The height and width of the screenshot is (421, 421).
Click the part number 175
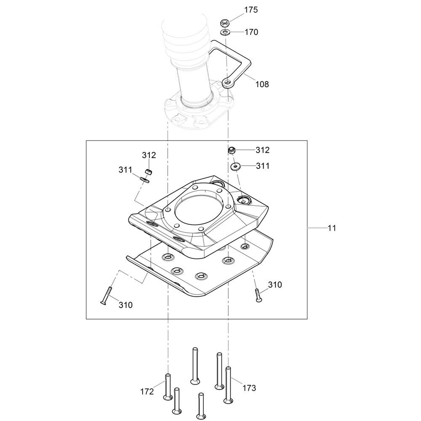tap(251, 10)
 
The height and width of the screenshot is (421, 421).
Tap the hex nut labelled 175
tap(224, 23)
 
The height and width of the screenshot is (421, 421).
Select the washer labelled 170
tap(225, 33)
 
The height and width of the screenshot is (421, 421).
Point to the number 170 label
tap(251, 32)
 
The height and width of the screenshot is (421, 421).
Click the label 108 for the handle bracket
tap(262, 84)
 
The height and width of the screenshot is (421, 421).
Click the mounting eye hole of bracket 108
tap(228, 83)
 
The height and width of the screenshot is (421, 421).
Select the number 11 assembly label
tap(332, 228)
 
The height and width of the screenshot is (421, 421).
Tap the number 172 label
tap(147, 392)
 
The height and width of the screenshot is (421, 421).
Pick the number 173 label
tap(249, 388)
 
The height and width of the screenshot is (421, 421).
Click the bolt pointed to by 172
tap(168, 388)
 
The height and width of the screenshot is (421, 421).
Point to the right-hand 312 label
tap(262, 150)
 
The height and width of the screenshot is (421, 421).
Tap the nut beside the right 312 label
tap(232, 150)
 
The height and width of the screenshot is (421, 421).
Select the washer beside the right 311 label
tap(235, 166)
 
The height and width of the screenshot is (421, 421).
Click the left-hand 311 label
tap(125, 170)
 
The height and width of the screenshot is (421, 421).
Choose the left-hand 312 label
tap(149, 155)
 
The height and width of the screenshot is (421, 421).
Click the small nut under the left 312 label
tap(149, 172)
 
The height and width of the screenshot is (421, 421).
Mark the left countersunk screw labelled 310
tap(106, 296)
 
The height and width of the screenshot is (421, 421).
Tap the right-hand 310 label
tap(275, 285)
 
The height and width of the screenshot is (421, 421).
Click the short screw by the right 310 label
tap(258, 296)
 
